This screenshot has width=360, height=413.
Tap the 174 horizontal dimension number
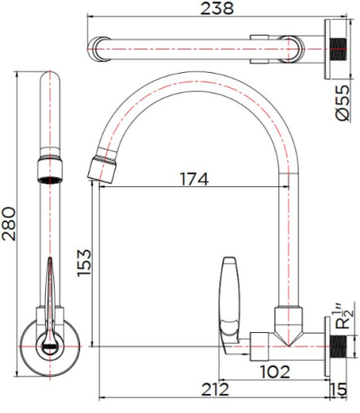pos(193,179)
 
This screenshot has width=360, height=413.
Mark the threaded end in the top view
pos(339,47)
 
